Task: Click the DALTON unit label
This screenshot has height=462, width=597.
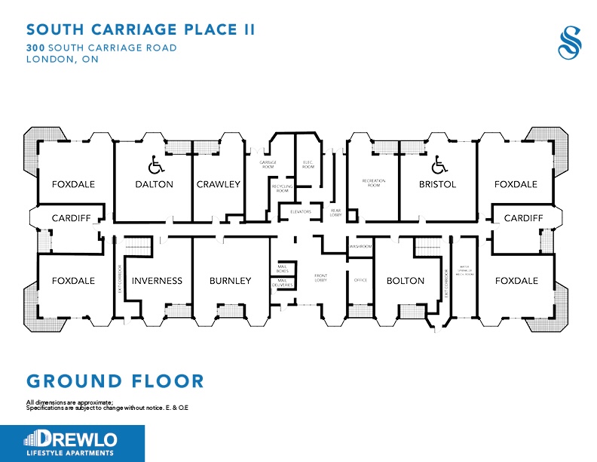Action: pos(154,184)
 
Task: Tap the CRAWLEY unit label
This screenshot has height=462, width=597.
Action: pos(218,184)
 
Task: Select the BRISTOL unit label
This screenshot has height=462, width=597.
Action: pos(437,184)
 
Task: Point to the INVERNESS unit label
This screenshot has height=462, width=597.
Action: pos(157,281)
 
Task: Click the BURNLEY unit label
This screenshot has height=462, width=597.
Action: pos(230,281)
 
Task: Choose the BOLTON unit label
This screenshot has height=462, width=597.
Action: pos(405,281)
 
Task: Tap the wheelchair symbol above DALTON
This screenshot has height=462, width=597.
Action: pos(154,163)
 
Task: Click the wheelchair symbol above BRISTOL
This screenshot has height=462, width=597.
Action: pos(437,163)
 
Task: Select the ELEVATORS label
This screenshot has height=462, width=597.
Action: pos(306,212)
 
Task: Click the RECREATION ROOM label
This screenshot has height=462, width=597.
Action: pos(373,183)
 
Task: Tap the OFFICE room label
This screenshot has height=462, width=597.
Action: pos(360,281)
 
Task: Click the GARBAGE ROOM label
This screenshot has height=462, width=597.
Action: pos(267,165)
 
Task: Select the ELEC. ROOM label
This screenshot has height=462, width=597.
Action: pos(308,165)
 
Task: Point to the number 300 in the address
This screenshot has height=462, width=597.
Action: pos(35,48)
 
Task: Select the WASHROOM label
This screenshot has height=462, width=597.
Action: pos(360,247)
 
